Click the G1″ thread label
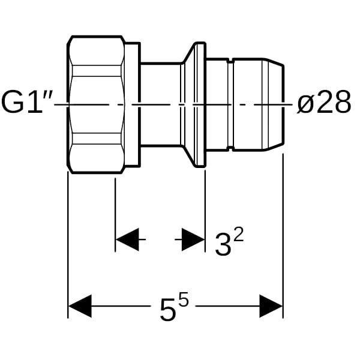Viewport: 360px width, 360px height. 28,102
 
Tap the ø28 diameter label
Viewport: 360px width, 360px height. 323,102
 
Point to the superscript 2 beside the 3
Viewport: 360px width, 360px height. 239,234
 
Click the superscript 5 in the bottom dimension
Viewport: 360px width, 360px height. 184,299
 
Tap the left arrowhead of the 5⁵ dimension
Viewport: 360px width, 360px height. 80,306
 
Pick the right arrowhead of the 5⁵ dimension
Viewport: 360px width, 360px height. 271,306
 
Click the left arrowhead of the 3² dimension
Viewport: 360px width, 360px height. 127,239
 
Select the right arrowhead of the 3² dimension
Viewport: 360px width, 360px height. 193,239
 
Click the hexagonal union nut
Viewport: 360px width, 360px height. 97,104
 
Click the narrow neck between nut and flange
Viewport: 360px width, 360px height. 161,104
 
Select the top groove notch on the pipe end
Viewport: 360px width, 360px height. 230,61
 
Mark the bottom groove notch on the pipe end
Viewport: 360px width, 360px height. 230,149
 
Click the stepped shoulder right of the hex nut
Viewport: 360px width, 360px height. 133,104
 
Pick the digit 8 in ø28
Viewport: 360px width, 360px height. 342,102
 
